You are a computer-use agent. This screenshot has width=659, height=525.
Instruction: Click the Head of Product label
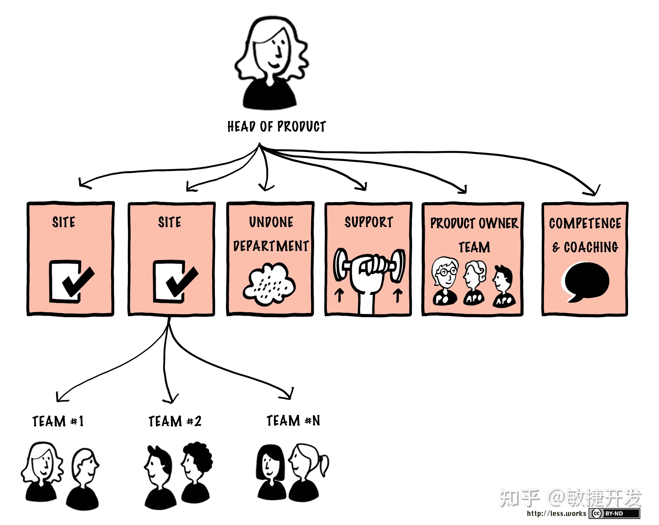276,126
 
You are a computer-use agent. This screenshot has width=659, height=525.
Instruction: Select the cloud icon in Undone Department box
269,284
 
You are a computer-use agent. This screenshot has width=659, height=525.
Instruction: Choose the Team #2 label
175,421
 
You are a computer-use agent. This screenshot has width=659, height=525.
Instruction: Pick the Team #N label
293,421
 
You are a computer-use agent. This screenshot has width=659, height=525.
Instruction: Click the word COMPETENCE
585,223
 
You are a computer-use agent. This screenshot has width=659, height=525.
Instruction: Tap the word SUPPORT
369,222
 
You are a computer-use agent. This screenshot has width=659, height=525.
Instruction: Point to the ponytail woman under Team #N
307,472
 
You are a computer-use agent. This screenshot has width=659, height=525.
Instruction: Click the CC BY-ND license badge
614,513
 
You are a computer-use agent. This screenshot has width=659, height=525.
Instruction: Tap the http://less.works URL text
556,513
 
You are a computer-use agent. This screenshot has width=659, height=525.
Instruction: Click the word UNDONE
271,222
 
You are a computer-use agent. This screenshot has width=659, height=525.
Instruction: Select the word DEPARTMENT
271,246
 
